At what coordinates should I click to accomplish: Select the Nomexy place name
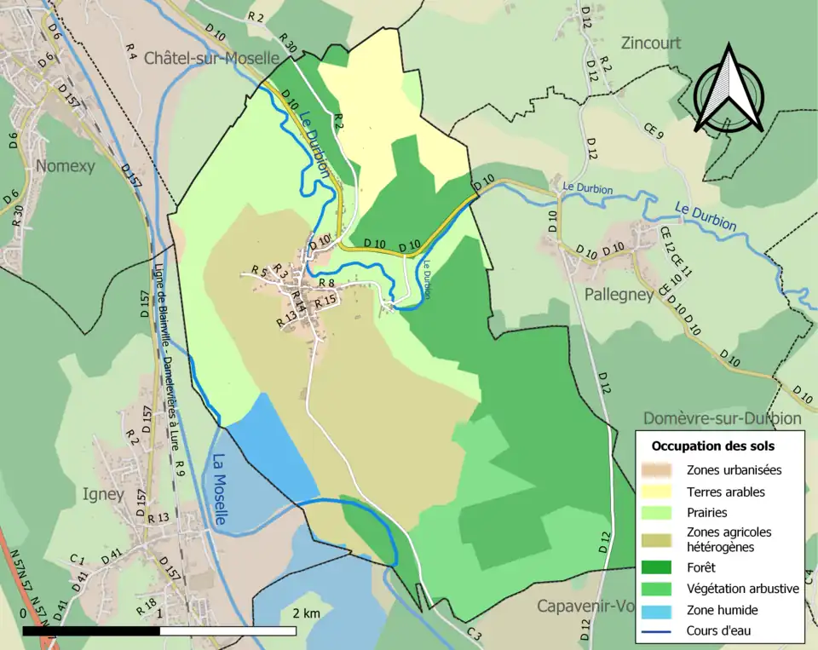point(66,165)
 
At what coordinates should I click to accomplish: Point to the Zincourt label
point(651,43)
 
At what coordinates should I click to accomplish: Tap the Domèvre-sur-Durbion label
point(722,418)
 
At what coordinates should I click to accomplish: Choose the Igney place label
point(105,494)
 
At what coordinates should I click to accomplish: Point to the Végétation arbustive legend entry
point(742,588)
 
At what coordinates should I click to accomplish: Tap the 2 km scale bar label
point(306,613)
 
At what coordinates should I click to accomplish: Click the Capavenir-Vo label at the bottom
point(585,607)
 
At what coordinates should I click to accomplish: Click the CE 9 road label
point(653,135)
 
